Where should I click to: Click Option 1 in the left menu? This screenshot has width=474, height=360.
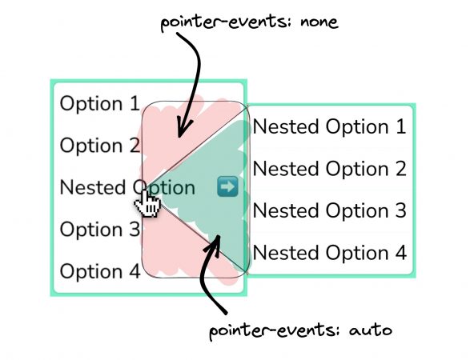pyautogui.click(x=99, y=103)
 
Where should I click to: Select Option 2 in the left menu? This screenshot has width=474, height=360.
pyautogui.click(x=100, y=146)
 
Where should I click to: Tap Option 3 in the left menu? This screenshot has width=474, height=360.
pyautogui.click(x=100, y=230)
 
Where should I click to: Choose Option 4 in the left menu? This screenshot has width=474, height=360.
pyautogui.click(x=100, y=271)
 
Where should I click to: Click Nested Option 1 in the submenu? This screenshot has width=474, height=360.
pyautogui.click(x=330, y=126)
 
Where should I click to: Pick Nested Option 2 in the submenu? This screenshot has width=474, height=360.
pyautogui.click(x=330, y=169)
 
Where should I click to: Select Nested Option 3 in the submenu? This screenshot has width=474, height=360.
pyautogui.click(x=330, y=210)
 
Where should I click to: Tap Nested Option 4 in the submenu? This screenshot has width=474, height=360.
pyautogui.click(x=330, y=253)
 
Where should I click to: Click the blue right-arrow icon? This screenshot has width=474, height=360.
pyautogui.click(x=227, y=187)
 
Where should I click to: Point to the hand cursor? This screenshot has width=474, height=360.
pyautogui.click(x=147, y=203)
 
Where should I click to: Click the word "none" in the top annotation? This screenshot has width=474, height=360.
pyautogui.click(x=319, y=22)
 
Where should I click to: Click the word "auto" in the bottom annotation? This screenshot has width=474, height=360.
pyautogui.click(x=371, y=330)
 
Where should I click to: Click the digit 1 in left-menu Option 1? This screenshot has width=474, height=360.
pyautogui.click(x=135, y=103)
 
